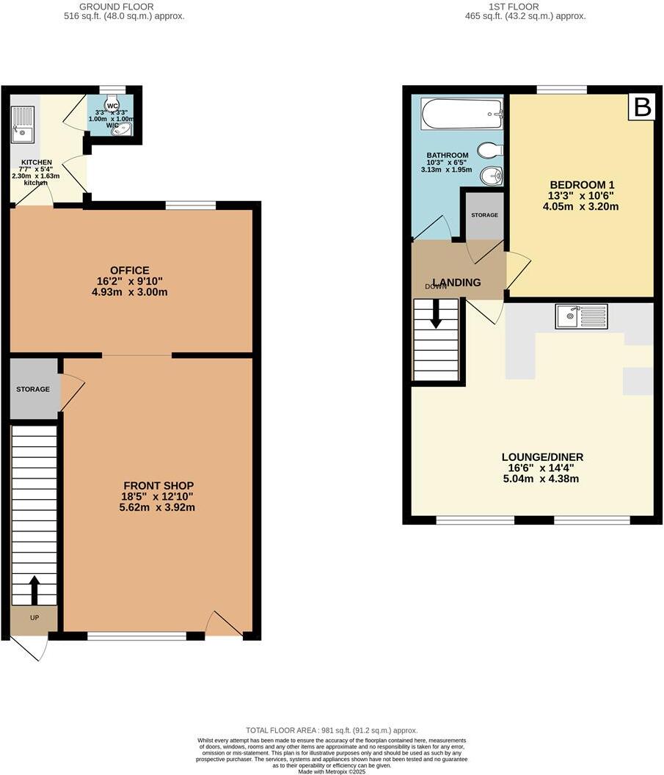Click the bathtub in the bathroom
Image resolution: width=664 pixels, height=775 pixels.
point(461,114)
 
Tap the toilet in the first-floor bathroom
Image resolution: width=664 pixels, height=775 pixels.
point(489,150)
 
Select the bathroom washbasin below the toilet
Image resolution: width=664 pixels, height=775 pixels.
point(491,176)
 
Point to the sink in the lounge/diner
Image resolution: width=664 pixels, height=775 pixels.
point(581,316)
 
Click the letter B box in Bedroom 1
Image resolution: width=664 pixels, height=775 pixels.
point(642,108)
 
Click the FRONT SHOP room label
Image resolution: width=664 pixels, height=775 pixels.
point(158,486)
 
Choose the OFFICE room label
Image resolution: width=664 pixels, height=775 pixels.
point(131,271)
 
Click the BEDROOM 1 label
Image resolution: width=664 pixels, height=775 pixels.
point(580,184)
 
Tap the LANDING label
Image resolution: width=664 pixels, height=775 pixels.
point(456,283)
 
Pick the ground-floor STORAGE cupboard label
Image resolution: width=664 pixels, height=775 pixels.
point(33,389)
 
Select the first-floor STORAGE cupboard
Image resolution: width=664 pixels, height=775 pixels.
point(484,215)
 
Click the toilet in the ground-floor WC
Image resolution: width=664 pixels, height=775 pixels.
point(112,106)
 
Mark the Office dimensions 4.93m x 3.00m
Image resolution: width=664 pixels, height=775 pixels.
point(131,292)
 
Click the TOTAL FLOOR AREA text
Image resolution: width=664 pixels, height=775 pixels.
point(332,730)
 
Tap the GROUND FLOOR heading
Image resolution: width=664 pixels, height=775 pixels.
point(123,7)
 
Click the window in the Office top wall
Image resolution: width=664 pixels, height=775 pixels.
point(190,205)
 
